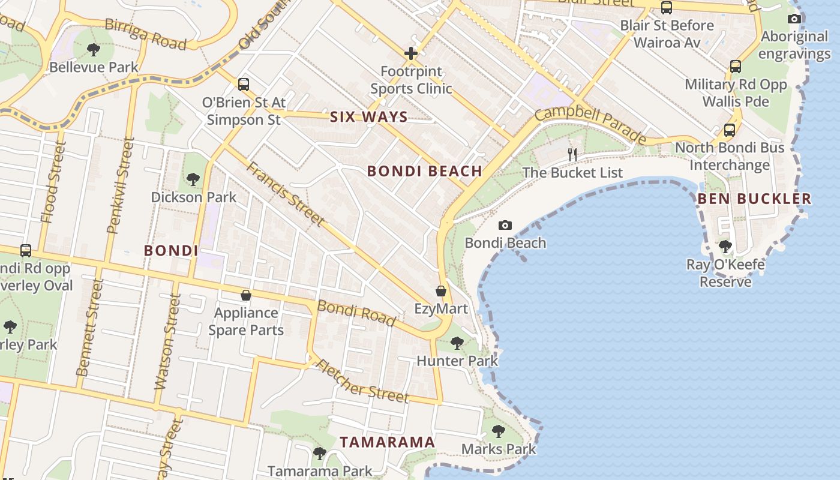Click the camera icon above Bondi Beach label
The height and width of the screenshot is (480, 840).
(x=505, y=226)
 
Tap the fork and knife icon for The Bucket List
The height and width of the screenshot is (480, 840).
(x=572, y=155)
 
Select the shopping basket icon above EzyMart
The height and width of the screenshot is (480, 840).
(x=441, y=291)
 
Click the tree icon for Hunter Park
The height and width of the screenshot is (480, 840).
(x=457, y=343)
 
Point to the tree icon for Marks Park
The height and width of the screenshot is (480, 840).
(x=498, y=431)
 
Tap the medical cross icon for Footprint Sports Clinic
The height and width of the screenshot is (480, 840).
(x=411, y=54)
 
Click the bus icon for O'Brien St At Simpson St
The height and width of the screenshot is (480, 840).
(x=243, y=85)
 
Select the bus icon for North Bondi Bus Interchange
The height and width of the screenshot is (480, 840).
(x=730, y=130)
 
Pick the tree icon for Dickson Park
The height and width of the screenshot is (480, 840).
(x=193, y=179)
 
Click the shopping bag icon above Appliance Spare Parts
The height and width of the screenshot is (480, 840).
(x=246, y=295)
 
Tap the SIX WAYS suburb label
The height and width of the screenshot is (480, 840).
(x=369, y=117)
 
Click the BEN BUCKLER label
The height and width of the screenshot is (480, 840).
(x=754, y=199)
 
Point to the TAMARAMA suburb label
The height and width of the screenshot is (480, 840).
(x=387, y=442)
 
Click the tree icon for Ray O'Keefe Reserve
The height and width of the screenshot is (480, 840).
(x=725, y=246)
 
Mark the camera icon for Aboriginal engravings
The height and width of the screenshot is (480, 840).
(x=794, y=19)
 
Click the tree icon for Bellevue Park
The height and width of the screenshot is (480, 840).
(x=93, y=49)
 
